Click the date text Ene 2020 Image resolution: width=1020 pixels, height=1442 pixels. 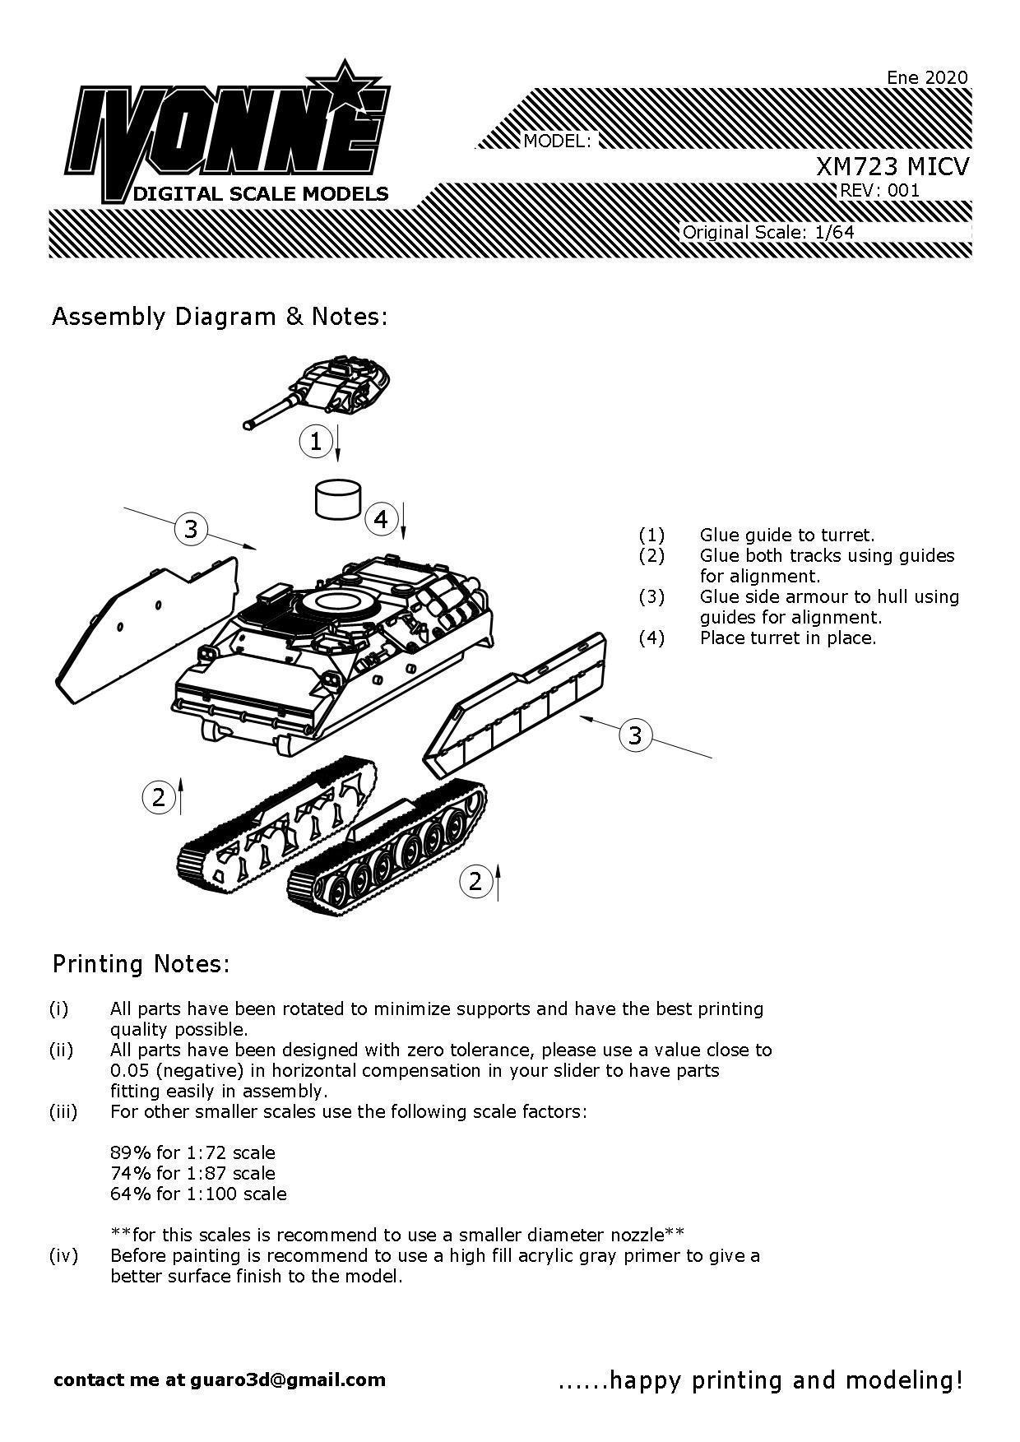[x=927, y=77]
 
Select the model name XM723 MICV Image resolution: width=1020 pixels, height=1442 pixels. [x=892, y=167]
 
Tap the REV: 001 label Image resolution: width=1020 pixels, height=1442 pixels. [x=879, y=191]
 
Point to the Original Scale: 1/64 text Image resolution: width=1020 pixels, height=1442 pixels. [x=768, y=232]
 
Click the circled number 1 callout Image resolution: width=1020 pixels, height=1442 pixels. [x=316, y=442]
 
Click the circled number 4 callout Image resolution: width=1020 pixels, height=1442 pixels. [x=380, y=519]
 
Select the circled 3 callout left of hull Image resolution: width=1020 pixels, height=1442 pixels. [x=191, y=528]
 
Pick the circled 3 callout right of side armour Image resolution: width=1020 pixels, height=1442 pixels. [x=634, y=735]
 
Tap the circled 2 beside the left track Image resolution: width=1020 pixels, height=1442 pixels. [x=159, y=796]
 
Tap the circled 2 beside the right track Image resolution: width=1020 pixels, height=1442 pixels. [x=475, y=881]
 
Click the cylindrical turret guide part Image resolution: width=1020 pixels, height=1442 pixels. [x=337, y=499]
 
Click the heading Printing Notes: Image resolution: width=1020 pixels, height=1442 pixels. [x=141, y=963]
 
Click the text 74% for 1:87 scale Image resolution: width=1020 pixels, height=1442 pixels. [x=192, y=1173]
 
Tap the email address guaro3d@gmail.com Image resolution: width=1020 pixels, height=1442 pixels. [x=288, y=1379]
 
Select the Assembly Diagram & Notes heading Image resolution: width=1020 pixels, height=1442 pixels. [x=219, y=317]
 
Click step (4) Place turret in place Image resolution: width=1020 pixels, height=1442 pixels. [x=787, y=638]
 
